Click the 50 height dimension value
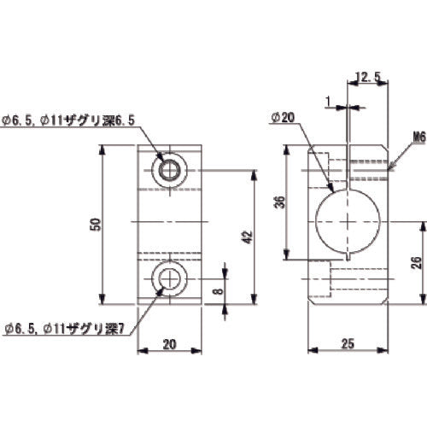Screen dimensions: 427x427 (x=97, y=225)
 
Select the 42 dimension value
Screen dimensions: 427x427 (x=246, y=237)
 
